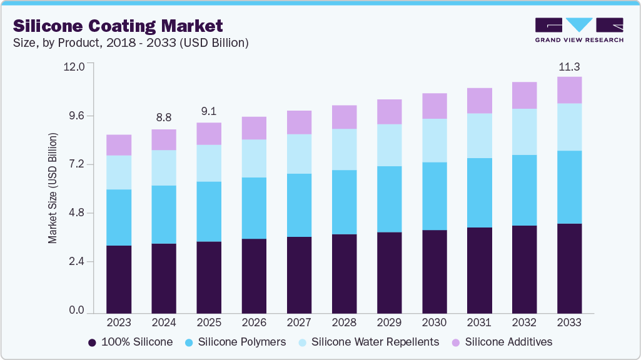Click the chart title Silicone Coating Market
click(x=118, y=26)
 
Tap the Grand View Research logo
click(x=579, y=30)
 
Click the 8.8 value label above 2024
click(x=164, y=117)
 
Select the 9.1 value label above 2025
click(x=209, y=111)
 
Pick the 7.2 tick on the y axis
click(x=78, y=164)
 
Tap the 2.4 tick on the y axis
click(x=78, y=262)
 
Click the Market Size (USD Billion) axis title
click(x=53, y=188)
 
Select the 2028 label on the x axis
click(x=344, y=323)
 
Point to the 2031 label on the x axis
click(x=479, y=323)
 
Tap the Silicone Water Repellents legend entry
click(x=369, y=342)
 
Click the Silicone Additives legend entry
click(x=502, y=342)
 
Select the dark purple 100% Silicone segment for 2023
click(x=119, y=279)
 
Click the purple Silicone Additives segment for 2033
click(x=569, y=90)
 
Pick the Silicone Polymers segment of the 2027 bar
click(x=299, y=205)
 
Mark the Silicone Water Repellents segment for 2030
click(x=434, y=141)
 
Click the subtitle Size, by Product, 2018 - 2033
click(x=131, y=42)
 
